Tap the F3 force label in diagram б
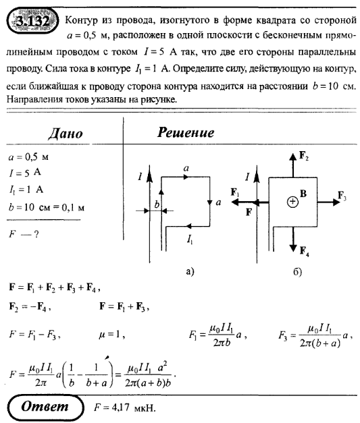coord(344,198)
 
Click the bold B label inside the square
coord(304,194)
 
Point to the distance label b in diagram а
coord(157,203)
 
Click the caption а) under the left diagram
coord(189,271)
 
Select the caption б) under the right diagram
coord(297,271)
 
